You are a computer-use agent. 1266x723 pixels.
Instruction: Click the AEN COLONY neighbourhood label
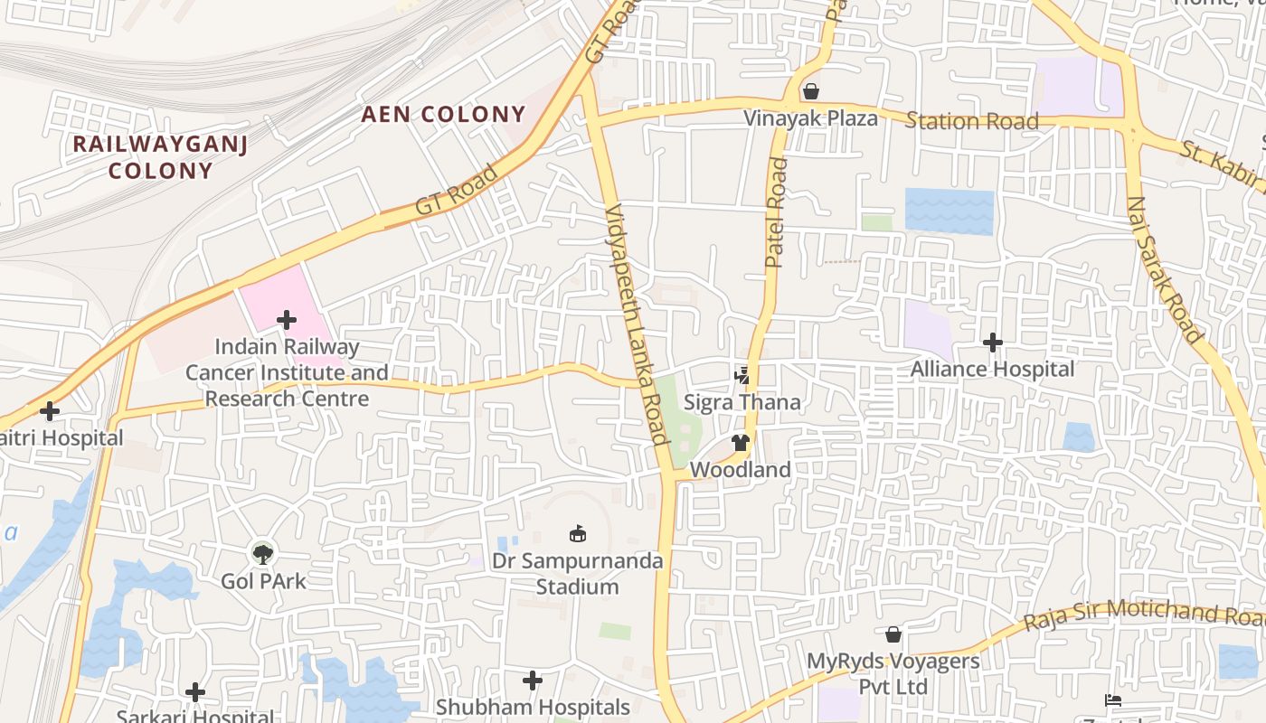click(443, 115)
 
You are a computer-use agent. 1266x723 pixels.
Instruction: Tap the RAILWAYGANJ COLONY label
click(159, 156)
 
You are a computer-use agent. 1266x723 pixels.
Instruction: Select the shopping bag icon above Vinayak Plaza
click(811, 91)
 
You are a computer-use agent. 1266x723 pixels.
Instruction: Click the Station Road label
click(972, 121)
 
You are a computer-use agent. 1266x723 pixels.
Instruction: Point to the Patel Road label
click(776, 213)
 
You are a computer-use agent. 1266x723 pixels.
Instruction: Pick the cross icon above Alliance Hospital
click(993, 343)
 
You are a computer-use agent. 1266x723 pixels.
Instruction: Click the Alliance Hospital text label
click(993, 369)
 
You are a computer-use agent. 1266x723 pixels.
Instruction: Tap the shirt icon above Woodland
click(741, 443)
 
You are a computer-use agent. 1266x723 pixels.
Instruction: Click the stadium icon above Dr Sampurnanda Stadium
click(577, 533)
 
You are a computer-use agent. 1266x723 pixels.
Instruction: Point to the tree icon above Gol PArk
click(263, 553)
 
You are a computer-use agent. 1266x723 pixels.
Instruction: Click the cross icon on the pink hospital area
click(287, 319)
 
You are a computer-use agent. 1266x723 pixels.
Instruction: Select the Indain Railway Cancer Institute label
click(287, 372)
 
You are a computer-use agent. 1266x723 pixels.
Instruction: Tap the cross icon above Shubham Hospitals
click(533, 680)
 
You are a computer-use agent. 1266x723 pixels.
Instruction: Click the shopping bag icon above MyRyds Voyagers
click(893, 634)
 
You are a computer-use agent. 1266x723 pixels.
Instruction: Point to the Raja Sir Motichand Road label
click(1144, 615)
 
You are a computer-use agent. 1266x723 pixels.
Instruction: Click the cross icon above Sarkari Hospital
click(194, 692)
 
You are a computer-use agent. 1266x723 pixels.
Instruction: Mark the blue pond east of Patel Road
click(949, 211)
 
